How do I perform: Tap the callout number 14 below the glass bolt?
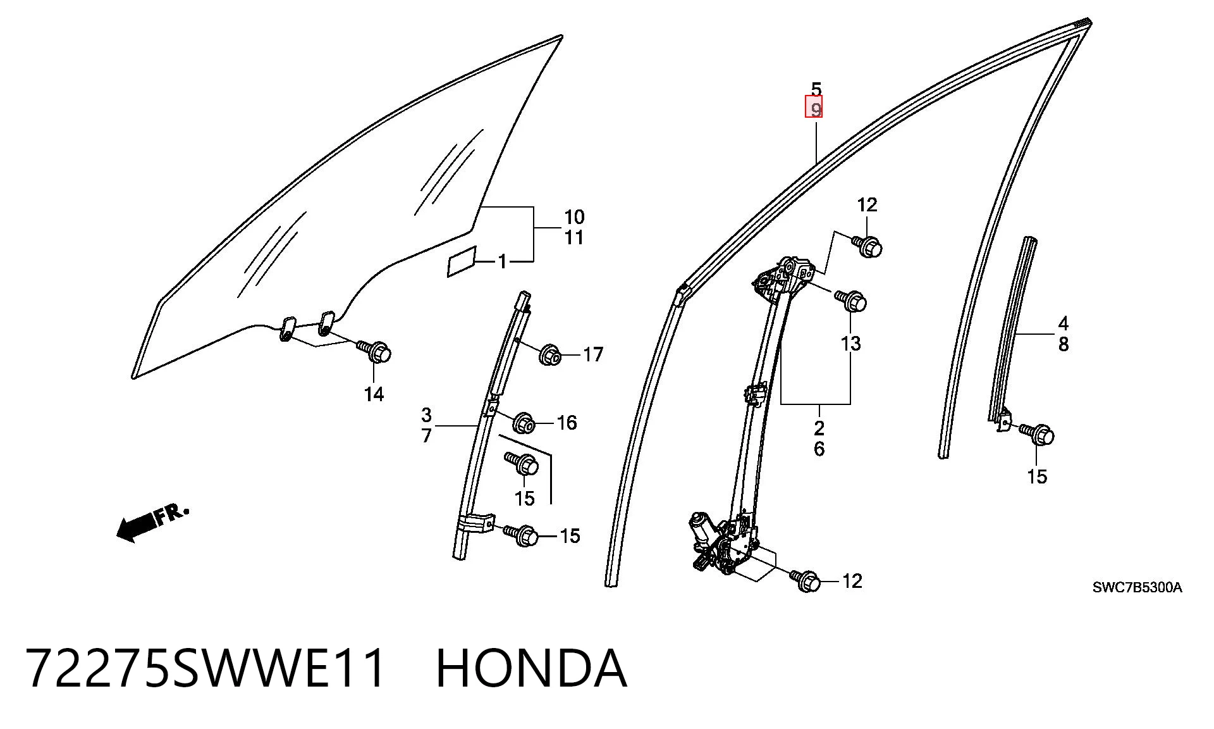pos(374,395)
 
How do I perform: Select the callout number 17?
pos(593,354)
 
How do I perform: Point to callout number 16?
pos(567,423)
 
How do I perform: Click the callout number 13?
pos(851,344)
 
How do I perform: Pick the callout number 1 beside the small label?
pos(503,261)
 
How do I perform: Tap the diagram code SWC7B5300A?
pos(1137,588)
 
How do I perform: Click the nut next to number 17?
pos(549,355)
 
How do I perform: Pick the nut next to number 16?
pos(524,423)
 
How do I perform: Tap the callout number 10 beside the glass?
pos(574,218)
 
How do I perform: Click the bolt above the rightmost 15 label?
pos(1038,433)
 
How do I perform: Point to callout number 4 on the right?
pos(1064,324)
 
